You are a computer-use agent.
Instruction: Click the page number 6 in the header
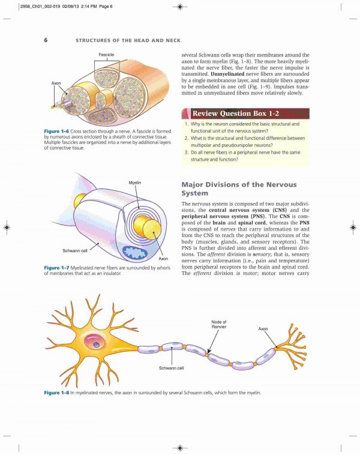click(46, 40)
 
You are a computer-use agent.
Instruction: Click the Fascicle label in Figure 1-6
click(106, 55)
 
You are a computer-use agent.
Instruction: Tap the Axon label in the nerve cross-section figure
click(56, 83)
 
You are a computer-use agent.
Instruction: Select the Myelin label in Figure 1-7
click(134, 182)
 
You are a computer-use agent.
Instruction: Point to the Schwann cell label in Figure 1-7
click(75, 250)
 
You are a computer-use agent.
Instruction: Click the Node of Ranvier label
click(219, 324)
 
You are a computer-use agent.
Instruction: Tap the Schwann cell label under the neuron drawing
click(171, 368)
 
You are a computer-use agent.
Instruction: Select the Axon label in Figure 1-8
click(263, 329)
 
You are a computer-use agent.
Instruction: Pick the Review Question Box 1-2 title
click(236, 113)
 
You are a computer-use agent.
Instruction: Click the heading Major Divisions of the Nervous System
click(239, 189)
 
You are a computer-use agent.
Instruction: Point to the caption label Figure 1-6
click(56, 131)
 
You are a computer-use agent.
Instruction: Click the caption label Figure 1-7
click(56, 268)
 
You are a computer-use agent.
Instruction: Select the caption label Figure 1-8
click(56, 393)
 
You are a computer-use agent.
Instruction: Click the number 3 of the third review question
click(186, 152)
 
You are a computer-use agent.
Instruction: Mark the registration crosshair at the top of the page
click(180, 7)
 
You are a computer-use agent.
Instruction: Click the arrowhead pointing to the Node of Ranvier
click(209, 351)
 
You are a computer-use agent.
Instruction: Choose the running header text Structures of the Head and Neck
click(128, 40)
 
